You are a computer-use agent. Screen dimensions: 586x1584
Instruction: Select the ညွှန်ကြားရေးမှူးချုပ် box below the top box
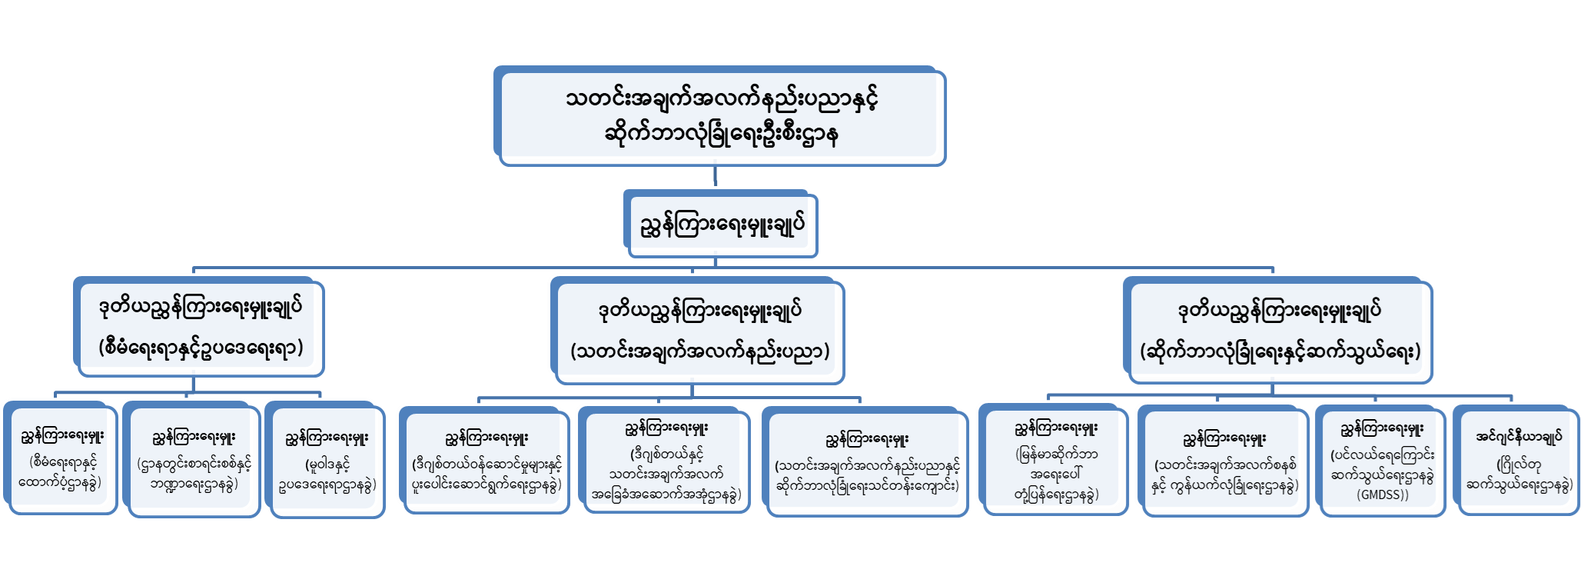click(721, 225)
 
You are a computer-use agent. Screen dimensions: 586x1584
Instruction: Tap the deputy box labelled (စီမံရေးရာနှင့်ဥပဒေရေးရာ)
click(201, 328)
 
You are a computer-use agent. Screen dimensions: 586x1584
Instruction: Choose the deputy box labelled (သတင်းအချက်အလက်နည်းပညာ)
click(698, 331)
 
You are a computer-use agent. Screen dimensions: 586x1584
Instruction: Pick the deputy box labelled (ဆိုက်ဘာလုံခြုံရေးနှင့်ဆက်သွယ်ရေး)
click(1279, 331)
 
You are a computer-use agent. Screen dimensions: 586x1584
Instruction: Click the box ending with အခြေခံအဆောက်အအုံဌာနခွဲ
click(666, 461)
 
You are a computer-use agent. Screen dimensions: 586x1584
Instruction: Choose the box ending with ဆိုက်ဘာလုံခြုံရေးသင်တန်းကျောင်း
click(867, 463)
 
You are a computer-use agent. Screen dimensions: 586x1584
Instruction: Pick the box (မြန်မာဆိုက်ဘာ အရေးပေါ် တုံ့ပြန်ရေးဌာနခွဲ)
click(1055, 460)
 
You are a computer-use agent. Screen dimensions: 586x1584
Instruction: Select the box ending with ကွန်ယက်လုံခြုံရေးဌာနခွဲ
click(1224, 463)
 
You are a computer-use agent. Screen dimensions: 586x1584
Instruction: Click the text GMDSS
click(1383, 494)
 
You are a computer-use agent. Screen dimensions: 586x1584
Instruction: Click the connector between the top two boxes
click(716, 177)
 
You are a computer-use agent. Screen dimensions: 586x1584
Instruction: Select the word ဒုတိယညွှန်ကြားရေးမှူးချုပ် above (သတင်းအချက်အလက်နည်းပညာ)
click(699, 311)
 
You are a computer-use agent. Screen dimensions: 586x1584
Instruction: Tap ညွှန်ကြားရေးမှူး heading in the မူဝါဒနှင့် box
click(327, 438)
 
